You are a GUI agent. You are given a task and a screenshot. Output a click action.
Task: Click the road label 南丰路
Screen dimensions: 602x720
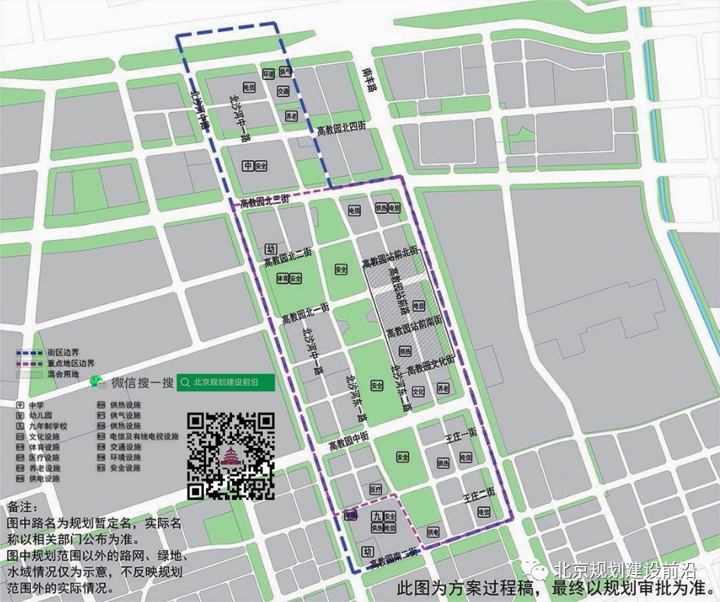coord(369,79)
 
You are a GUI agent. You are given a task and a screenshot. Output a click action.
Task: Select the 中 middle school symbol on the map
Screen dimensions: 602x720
coord(248,166)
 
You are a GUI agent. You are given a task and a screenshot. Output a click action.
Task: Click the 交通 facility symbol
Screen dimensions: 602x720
coord(283,92)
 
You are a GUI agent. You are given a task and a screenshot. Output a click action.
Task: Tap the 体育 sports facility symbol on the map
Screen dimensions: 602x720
coord(285,278)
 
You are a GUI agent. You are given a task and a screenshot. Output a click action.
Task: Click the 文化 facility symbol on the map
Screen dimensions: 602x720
coord(419,391)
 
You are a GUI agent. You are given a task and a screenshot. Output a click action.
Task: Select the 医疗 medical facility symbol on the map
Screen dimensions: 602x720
coord(376,489)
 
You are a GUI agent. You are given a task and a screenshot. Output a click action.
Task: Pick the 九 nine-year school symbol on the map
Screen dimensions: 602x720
coord(377,516)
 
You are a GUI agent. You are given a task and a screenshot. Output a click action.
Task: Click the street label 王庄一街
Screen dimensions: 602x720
coord(460,441)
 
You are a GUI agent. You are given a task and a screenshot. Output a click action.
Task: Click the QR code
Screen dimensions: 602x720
coord(232,455)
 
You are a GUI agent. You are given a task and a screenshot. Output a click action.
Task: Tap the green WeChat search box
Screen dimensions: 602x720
coord(226,382)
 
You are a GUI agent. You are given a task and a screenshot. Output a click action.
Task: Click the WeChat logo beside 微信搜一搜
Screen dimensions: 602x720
coord(97,381)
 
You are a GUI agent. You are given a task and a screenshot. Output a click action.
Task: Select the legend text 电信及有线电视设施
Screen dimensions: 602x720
coord(140,437)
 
